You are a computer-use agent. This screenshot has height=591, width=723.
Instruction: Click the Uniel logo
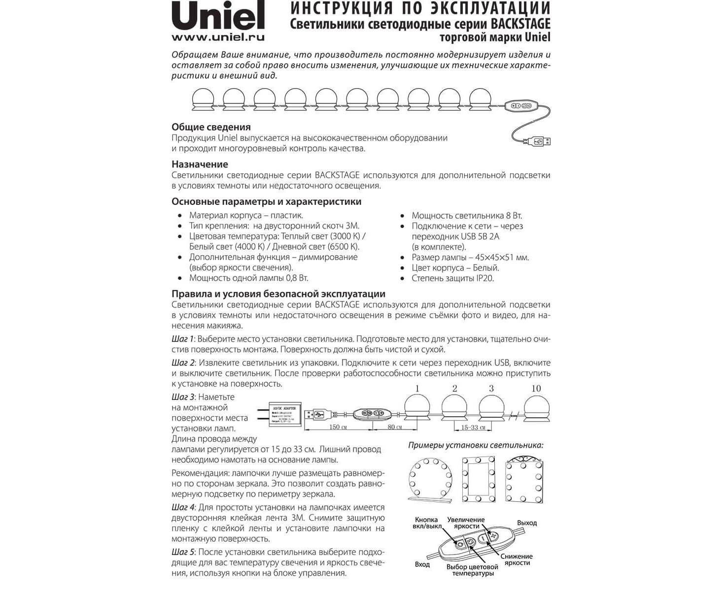[218, 16]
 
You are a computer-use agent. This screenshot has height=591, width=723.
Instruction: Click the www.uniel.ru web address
[218, 37]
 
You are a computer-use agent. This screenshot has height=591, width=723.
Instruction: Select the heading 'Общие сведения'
[211, 127]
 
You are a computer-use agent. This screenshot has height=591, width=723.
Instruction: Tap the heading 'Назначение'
[200, 164]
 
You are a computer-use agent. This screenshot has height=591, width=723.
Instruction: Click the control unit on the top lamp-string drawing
[521, 105]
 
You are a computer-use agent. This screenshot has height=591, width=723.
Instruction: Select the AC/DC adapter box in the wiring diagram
[282, 414]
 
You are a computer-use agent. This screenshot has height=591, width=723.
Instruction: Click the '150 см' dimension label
[335, 427]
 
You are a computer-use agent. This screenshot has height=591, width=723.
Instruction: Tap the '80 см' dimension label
[395, 427]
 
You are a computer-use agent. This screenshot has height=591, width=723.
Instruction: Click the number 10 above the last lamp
[536, 389]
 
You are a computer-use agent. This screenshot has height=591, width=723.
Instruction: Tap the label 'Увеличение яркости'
[466, 523]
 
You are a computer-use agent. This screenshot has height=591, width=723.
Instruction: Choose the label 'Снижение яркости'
[516, 559]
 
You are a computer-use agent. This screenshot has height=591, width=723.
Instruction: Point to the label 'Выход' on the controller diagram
[526, 523]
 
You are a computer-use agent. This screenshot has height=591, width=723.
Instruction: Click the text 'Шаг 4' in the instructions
[182, 508]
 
